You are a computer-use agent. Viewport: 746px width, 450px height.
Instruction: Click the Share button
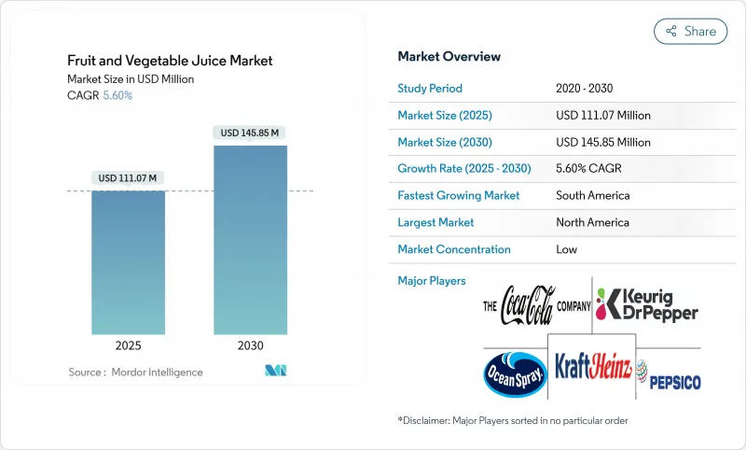[691, 31]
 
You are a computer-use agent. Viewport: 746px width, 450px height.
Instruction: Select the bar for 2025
[128, 262]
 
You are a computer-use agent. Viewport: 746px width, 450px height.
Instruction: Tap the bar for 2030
[250, 240]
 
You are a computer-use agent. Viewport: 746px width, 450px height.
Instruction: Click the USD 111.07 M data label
[128, 178]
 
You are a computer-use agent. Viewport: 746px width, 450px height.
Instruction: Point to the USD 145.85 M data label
[250, 133]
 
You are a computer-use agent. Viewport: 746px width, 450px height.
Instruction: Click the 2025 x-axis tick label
[128, 345]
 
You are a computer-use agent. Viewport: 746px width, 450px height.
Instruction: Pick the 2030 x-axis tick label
[250, 345]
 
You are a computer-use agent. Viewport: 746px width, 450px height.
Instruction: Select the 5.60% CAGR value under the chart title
[117, 95]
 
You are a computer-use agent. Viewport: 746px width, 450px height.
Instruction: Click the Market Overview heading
[449, 56]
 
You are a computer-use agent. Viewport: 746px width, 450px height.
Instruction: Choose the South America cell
[592, 196]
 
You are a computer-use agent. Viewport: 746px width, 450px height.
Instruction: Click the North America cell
[592, 222]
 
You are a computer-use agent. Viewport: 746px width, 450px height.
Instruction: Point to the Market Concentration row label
[454, 249]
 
